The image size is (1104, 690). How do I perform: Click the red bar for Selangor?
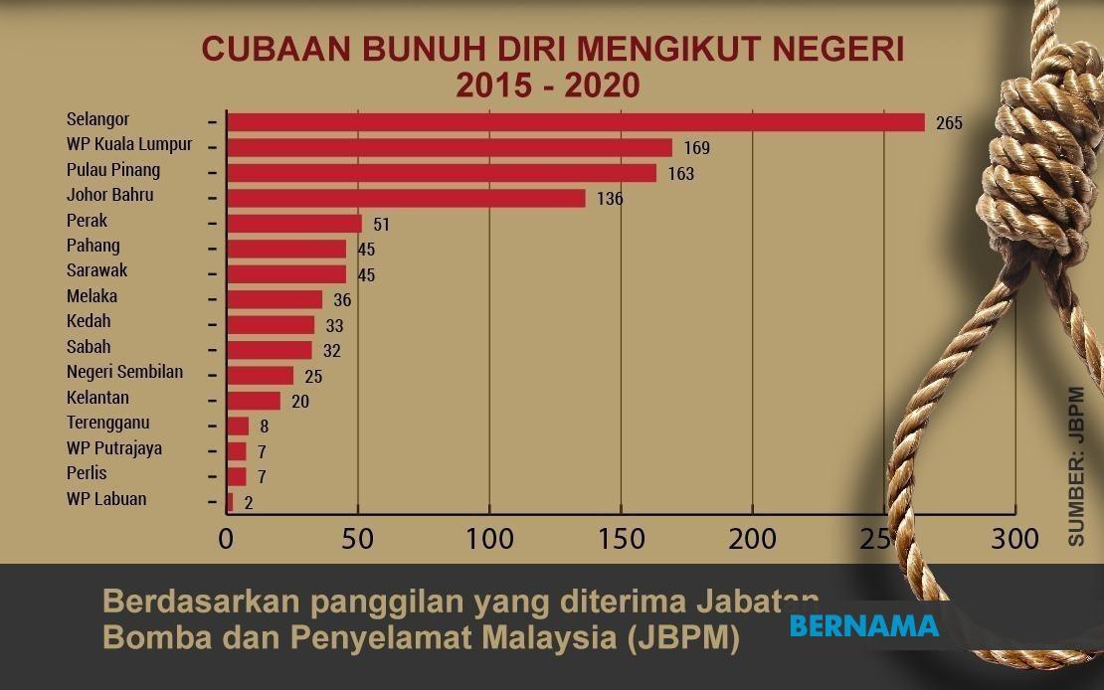click(x=575, y=122)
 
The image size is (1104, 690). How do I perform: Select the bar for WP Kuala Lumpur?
click(x=450, y=148)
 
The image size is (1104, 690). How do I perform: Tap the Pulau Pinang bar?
click(x=442, y=173)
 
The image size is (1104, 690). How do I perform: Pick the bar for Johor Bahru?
click(x=406, y=198)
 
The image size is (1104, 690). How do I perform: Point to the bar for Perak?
click(x=294, y=224)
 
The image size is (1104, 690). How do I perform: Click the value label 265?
click(x=949, y=123)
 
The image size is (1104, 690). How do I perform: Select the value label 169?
click(x=696, y=149)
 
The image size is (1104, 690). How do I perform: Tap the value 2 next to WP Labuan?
click(x=248, y=503)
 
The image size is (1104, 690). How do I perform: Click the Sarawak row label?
click(x=96, y=270)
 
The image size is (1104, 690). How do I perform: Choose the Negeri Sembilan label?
click(x=124, y=372)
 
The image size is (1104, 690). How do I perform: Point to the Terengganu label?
click(x=107, y=423)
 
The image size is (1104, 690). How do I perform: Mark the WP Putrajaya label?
click(x=113, y=448)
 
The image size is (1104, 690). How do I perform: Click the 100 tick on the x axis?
click(x=490, y=540)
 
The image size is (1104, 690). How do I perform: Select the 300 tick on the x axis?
click(x=1014, y=540)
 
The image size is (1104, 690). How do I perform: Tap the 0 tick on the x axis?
click(x=227, y=540)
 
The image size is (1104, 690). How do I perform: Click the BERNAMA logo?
click(x=863, y=626)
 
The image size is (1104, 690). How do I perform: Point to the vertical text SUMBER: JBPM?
click(x=1077, y=465)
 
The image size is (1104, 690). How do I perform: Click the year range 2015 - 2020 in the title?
click(x=547, y=86)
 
